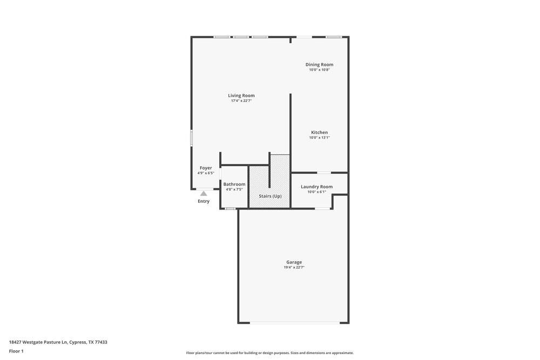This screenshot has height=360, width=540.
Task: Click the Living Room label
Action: click(x=241, y=96)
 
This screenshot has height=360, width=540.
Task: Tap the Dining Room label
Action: click(x=319, y=64)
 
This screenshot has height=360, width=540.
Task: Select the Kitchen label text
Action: click(x=319, y=132)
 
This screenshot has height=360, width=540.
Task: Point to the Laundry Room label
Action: click(x=316, y=187)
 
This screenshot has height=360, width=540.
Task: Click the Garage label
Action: click(x=294, y=262)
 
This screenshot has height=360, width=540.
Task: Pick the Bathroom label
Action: click(x=234, y=184)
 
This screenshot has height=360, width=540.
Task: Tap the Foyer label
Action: click(x=206, y=168)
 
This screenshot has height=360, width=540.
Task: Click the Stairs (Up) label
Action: click(x=270, y=196)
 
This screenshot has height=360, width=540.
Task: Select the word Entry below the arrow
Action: click(x=204, y=201)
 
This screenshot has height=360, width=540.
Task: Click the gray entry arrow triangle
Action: click(x=204, y=193)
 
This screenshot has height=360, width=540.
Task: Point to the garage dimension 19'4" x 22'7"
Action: click(x=294, y=267)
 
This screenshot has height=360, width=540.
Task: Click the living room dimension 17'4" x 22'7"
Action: click(x=241, y=101)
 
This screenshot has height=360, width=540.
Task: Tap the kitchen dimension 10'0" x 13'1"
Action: click(x=319, y=138)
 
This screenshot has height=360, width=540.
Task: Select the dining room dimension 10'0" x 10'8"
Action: click(x=319, y=70)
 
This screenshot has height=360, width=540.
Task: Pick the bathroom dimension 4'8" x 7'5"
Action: click(x=234, y=189)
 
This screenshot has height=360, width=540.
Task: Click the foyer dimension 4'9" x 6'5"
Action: click(x=206, y=173)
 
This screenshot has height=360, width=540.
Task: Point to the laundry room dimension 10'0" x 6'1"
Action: click(x=316, y=192)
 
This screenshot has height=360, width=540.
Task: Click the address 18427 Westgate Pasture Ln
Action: click(x=58, y=342)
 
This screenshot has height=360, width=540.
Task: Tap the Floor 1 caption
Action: click(x=16, y=351)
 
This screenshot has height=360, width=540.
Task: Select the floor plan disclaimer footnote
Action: click(x=270, y=353)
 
